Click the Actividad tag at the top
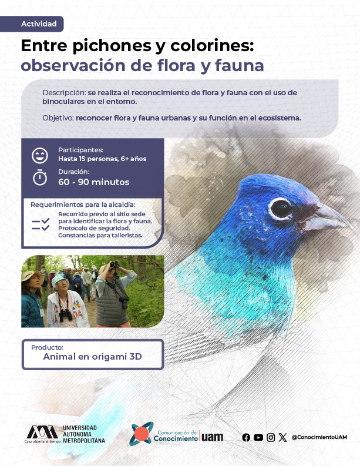[x=32, y=24]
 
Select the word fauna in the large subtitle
[x=240, y=65]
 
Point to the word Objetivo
[x=58, y=118]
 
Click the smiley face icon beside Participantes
[x=40, y=156]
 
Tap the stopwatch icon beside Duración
[x=40, y=177]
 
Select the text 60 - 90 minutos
[x=93, y=182]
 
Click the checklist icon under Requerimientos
[x=41, y=224]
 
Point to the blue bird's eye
[x=280, y=209]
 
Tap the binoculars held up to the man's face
[x=115, y=264]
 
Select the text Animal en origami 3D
[x=92, y=356]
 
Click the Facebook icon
[x=246, y=437]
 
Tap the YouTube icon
[x=258, y=437]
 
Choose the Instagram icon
[x=271, y=437]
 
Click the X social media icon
[x=282, y=437]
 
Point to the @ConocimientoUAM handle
[x=319, y=437]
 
